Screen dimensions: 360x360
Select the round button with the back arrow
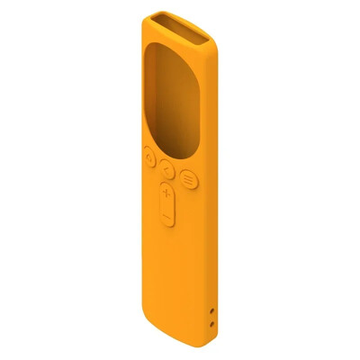coord(167,166)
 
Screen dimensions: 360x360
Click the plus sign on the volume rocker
coord(166,194)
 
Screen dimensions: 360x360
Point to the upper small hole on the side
coord(211,310)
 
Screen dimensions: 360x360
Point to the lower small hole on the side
coord(211,321)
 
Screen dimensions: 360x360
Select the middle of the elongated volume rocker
coord(166,205)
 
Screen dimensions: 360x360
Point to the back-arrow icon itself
coord(167,166)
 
